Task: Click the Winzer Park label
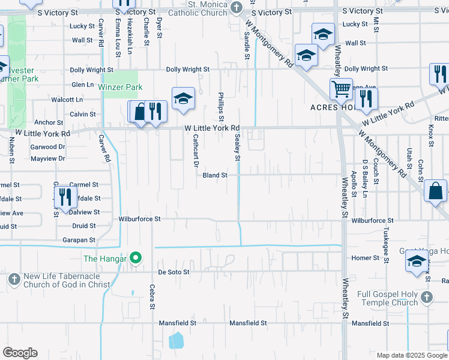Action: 120,87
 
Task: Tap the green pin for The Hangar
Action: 136,259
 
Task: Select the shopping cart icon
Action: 341,89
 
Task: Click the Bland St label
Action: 215,175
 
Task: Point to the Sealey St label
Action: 237,148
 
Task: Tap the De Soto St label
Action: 173,272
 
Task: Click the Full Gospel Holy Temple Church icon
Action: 426,297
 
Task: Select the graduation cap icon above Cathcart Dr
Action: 183,98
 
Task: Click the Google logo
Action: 20,353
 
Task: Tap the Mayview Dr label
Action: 47,158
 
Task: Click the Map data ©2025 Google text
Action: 411,355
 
